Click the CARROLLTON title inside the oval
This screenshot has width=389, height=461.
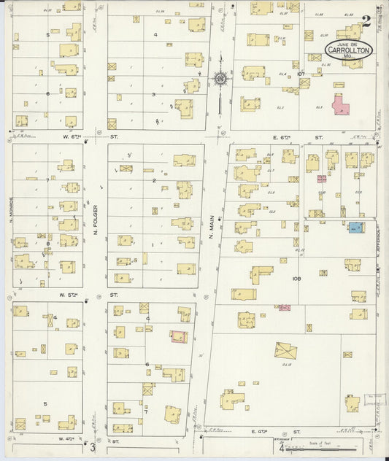point(349,51)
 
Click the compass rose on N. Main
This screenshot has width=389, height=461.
point(219,78)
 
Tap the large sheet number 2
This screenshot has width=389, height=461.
point(366,22)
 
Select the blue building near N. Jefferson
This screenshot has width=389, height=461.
point(355,228)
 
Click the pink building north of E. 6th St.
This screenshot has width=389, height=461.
point(341,105)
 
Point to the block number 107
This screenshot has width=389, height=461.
point(301,74)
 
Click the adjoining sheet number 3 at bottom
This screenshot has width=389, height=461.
point(93,448)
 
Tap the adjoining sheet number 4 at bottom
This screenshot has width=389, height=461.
point(281,448)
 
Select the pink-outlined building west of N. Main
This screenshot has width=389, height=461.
point(178,336)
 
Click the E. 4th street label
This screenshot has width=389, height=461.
point(260,433)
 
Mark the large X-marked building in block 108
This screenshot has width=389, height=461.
point(285,351)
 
